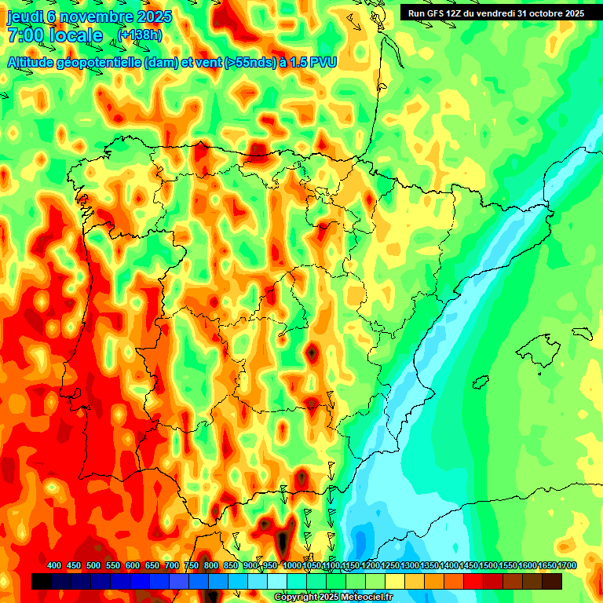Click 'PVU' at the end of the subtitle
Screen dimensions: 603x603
[x=323, y=62]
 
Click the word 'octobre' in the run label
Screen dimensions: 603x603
[x=543, y=13]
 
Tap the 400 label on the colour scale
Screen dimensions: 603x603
[x=54, y=566]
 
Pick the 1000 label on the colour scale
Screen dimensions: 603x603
[x=291, y=566]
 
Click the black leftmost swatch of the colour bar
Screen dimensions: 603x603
[x=42, y=582]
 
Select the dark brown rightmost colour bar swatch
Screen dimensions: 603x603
[x=552, y=582]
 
